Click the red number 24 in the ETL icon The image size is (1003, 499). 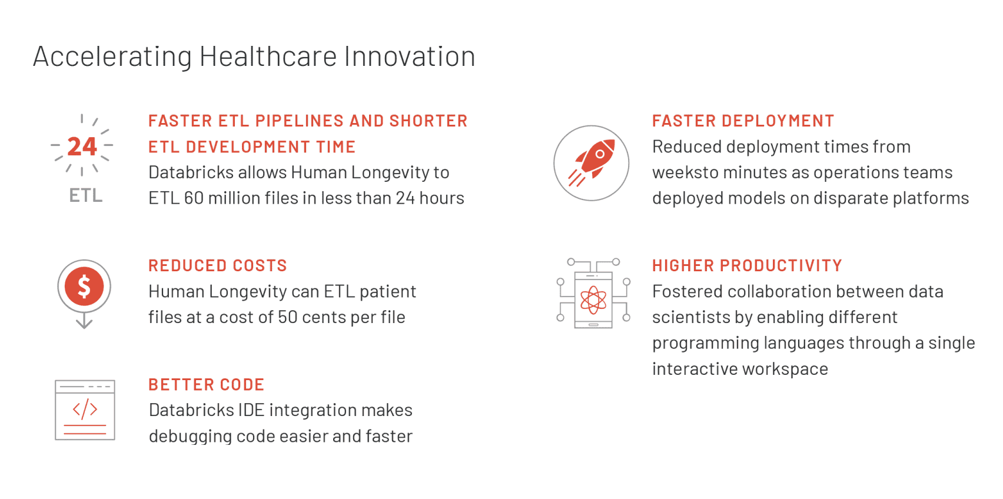pos(82,147)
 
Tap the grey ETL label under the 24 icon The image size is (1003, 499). pos(86,195)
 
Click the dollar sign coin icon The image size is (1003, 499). pos(84,287)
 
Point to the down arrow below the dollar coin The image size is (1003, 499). pos(84,321)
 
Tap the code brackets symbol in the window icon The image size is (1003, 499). pos(85,408)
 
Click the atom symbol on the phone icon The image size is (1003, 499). pos(593,300)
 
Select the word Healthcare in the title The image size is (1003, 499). pos(268,56)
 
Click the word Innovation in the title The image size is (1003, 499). pos(409,56)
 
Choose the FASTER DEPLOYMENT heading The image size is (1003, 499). pos(743,121)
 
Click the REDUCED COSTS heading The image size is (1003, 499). pos(218,265)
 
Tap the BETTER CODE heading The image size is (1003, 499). pos(207,384)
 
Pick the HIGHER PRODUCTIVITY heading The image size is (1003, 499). pos(748,265)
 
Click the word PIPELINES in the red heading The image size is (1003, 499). pos(298,121)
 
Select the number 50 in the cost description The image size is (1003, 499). pos(287,317)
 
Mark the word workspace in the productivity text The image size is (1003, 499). pos(785,370)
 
